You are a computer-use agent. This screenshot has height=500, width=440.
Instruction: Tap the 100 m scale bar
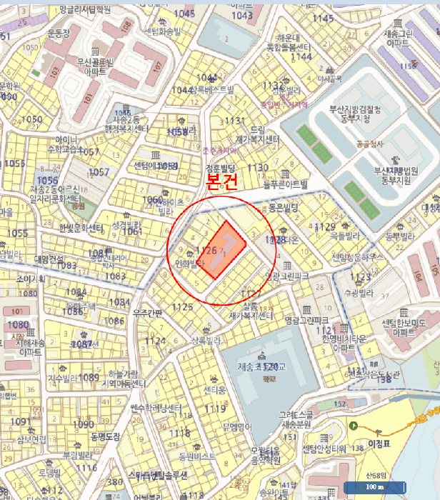click(374, 488)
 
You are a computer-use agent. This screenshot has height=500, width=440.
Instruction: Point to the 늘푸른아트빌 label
click(285, 184)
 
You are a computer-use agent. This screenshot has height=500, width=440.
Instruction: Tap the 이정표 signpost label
click(376, 444)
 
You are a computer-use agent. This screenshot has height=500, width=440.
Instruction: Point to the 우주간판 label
click(147, 313)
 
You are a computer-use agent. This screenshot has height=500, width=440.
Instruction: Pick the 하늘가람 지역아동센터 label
click(119, 379)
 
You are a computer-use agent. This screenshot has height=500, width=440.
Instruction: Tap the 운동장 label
click(56, 33)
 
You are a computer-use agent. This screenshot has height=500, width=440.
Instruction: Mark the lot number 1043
click(243, 15)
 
